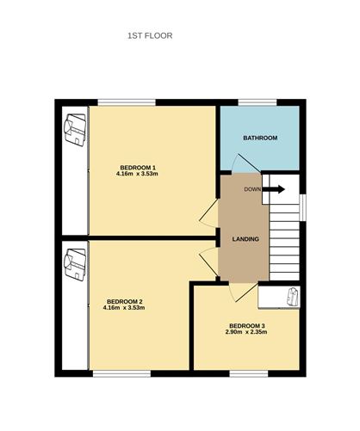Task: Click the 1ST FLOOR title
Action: (150, 36)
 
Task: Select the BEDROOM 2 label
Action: (125, 302)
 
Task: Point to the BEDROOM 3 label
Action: (247, 326)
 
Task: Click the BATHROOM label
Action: (260, 138)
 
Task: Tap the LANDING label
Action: (245, 239)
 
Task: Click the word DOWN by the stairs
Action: (252, 189)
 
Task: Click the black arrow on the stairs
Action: (274, 189)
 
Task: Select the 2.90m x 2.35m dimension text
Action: (247, 332)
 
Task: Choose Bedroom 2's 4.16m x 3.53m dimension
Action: (124, 308)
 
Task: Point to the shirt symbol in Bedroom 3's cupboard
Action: (293, 297)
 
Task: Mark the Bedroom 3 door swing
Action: (244, 292)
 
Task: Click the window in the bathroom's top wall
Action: (258, 102)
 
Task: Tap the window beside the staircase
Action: (302, 207)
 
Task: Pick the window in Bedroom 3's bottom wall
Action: (249, 373)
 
